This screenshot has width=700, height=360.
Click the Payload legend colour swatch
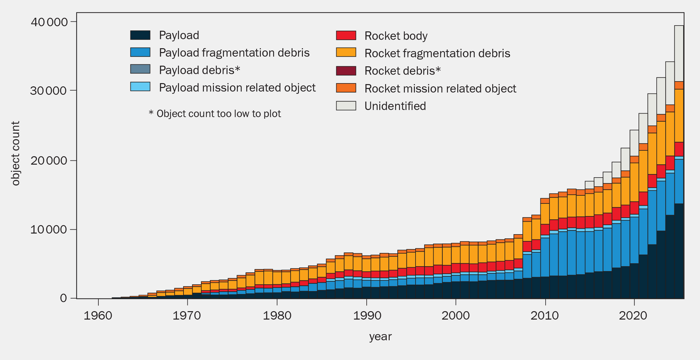(x=140, y=35)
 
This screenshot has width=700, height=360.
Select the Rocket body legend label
(x=396, y=36)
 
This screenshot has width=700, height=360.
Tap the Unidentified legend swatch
(x=346, y=106)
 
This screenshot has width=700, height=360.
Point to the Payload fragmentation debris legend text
(x=234, y=53)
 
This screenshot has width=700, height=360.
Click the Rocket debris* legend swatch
(x=346, y=71)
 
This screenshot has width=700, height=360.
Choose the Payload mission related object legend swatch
(x=140, y=87)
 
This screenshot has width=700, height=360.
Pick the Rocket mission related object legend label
(x=440, y=89)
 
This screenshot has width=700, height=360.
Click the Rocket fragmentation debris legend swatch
(x=346, y=52)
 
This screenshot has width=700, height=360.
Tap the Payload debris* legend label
(x=199, y=70)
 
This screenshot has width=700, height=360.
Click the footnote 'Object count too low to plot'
(x=215, y=114)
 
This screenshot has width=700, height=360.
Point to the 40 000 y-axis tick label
(x=49, y=22)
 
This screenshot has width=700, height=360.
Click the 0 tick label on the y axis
(x=63, y=298)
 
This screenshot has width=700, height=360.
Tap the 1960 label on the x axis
(x=98, y=315)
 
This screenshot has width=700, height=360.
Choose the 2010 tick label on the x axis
(x=545, y=315)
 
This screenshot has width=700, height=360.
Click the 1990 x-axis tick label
(x=367, y=315)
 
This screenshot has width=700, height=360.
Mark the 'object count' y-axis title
(x=15, y=153)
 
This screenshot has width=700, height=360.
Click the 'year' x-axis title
(x=380, y=337)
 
